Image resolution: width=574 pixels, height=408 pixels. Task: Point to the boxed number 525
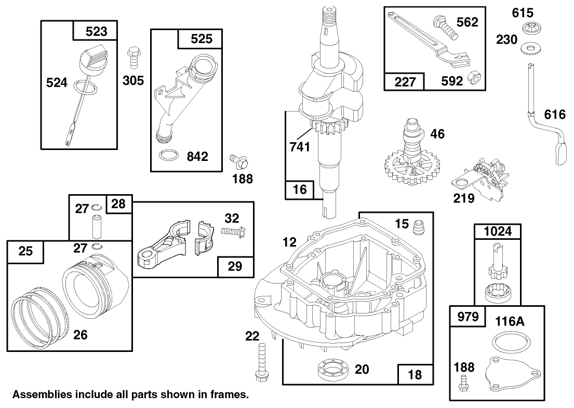(x=202, y=38)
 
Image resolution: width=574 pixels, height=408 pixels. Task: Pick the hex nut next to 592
(x=474, y=77)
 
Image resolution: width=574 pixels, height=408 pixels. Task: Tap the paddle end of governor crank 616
(x=563, y=154)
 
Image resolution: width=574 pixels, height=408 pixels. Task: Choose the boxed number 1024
(x=498, y=231)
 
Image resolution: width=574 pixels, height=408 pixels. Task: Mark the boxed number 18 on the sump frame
(x=415, y=373)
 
